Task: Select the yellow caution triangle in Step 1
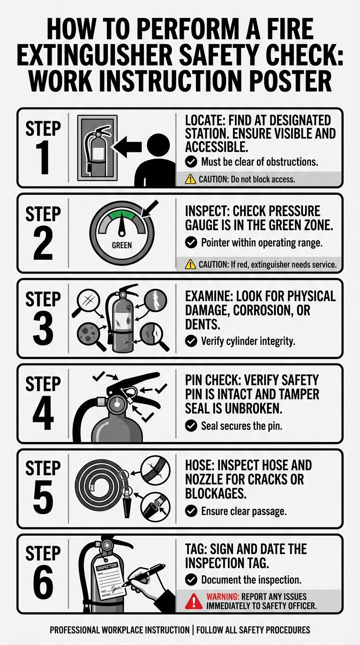(x=190, y=179)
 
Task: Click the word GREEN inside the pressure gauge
(x=121, y=245)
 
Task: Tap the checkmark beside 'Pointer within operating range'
(x=191, y=243)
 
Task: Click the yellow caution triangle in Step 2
(x=190, y=264)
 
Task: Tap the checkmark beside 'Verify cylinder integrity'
(x=191, y=341)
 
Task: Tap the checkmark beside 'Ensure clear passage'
(x=191, y=511)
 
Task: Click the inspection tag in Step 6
(x=108, y=579)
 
